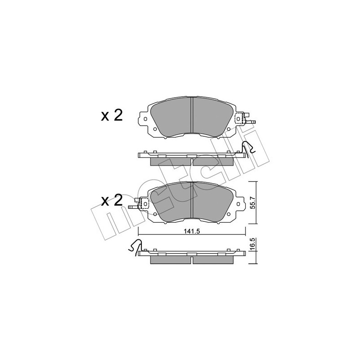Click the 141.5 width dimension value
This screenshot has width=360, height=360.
click(192, 231)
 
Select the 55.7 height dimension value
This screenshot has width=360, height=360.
click(253, 203)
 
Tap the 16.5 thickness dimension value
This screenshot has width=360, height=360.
click(253, 243)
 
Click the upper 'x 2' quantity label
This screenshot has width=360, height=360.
click(112, 116)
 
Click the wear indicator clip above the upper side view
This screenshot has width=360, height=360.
click(248, 148)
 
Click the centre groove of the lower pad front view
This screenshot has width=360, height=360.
click(192, 200)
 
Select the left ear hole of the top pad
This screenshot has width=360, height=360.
click(145, 119)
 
